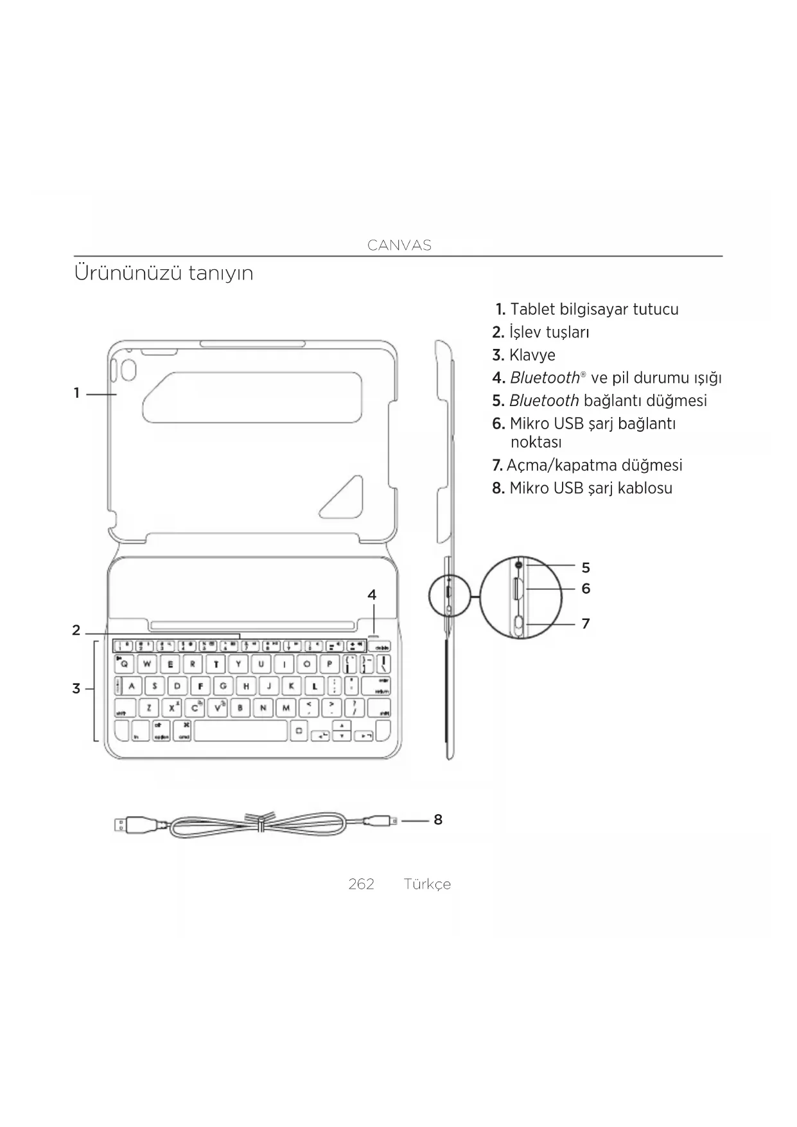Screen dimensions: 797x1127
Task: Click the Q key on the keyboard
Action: click(125, 664)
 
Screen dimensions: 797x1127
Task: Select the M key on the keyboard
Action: click(286, 708)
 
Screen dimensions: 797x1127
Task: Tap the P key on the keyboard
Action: click(329, 664)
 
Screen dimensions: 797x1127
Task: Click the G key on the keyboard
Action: click(223, 686)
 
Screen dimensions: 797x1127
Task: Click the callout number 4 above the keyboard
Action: click(372, 595)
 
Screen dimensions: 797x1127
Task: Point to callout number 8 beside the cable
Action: click(438, 820)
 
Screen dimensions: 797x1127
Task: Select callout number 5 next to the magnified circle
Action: click(586, 568)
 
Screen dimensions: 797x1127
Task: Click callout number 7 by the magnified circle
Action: click(586, 623)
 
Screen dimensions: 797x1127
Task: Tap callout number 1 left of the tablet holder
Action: click(76, 393)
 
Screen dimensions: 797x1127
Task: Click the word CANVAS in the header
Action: click(399, 245)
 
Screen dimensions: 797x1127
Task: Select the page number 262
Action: click(361, 884)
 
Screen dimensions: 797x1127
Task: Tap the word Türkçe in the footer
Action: click(427, 884)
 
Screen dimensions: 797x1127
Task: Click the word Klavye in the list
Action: click(532, 355)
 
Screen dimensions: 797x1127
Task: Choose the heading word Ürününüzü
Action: click(128, 273)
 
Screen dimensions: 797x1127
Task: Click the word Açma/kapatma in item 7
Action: click(562, 465)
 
